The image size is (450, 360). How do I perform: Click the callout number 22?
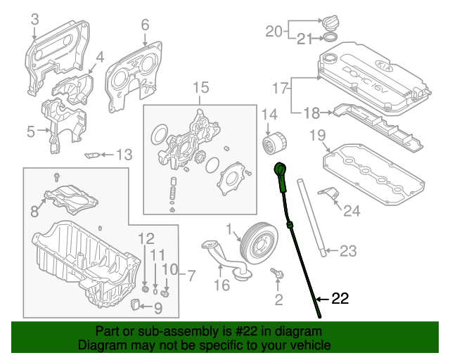[339, 299]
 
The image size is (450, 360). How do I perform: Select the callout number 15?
[201, 88]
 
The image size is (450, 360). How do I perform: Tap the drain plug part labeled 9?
[136, 304]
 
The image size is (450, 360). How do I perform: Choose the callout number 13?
[124, 154]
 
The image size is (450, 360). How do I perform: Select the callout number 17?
[280, 88]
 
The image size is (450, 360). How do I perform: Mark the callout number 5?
[31, 131]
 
